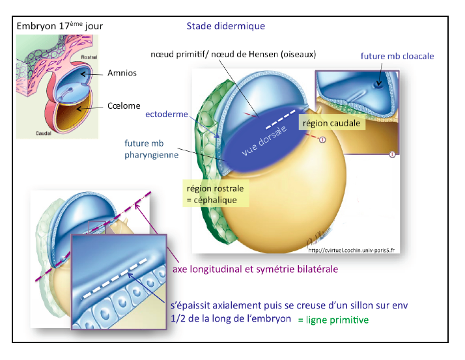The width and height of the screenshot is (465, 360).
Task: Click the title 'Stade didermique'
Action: coord(225,26)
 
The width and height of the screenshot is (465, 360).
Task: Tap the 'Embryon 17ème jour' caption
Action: coord(59,26)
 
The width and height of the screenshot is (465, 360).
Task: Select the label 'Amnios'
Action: coord(123,74)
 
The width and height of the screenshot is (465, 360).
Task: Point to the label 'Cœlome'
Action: coord(124,106)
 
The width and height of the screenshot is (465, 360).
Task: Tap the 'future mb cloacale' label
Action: coord(397,57)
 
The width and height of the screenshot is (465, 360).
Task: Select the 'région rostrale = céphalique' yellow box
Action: coord(217,193)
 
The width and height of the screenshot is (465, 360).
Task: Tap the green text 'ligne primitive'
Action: coord(333,320)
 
